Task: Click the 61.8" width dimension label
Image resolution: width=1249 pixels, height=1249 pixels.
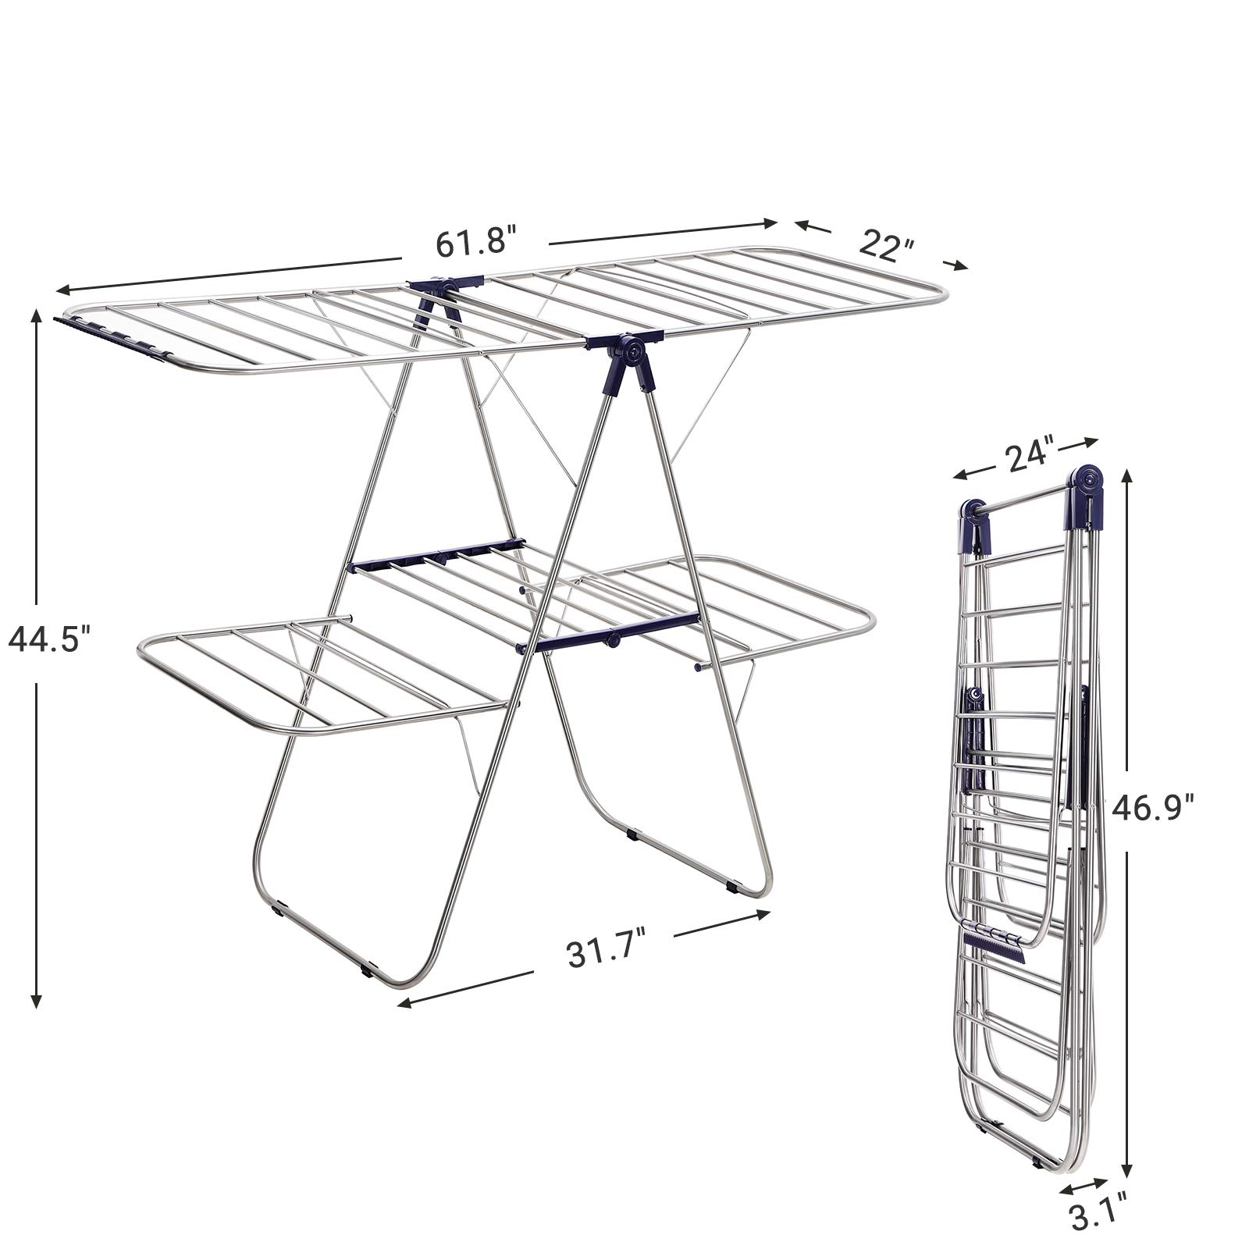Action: (x=475, y=242)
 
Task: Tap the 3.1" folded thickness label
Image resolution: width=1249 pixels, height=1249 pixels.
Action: (x=1089, y=1215)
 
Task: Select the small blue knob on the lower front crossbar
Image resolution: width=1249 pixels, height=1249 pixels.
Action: (x=613, y=640)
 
